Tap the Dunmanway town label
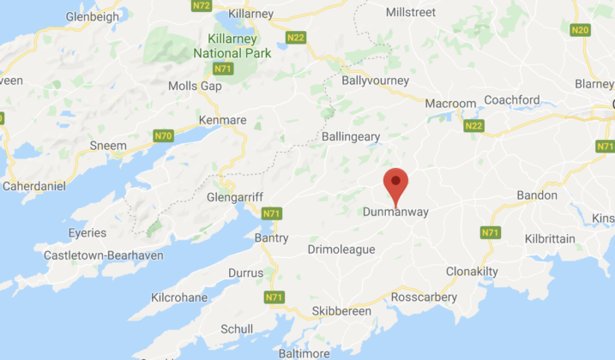(x=395, y=212)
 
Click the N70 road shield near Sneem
(x=162, y=135)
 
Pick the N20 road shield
(x=580, y=30)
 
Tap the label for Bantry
(x=271, y=238)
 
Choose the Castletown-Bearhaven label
(x=104, y=255)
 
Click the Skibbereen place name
(x=341, y=311)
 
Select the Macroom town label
(x=451, y=104)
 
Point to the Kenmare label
(x=223, y=119)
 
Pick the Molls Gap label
(x=196, y=86)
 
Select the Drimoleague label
(x=341, y=249)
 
